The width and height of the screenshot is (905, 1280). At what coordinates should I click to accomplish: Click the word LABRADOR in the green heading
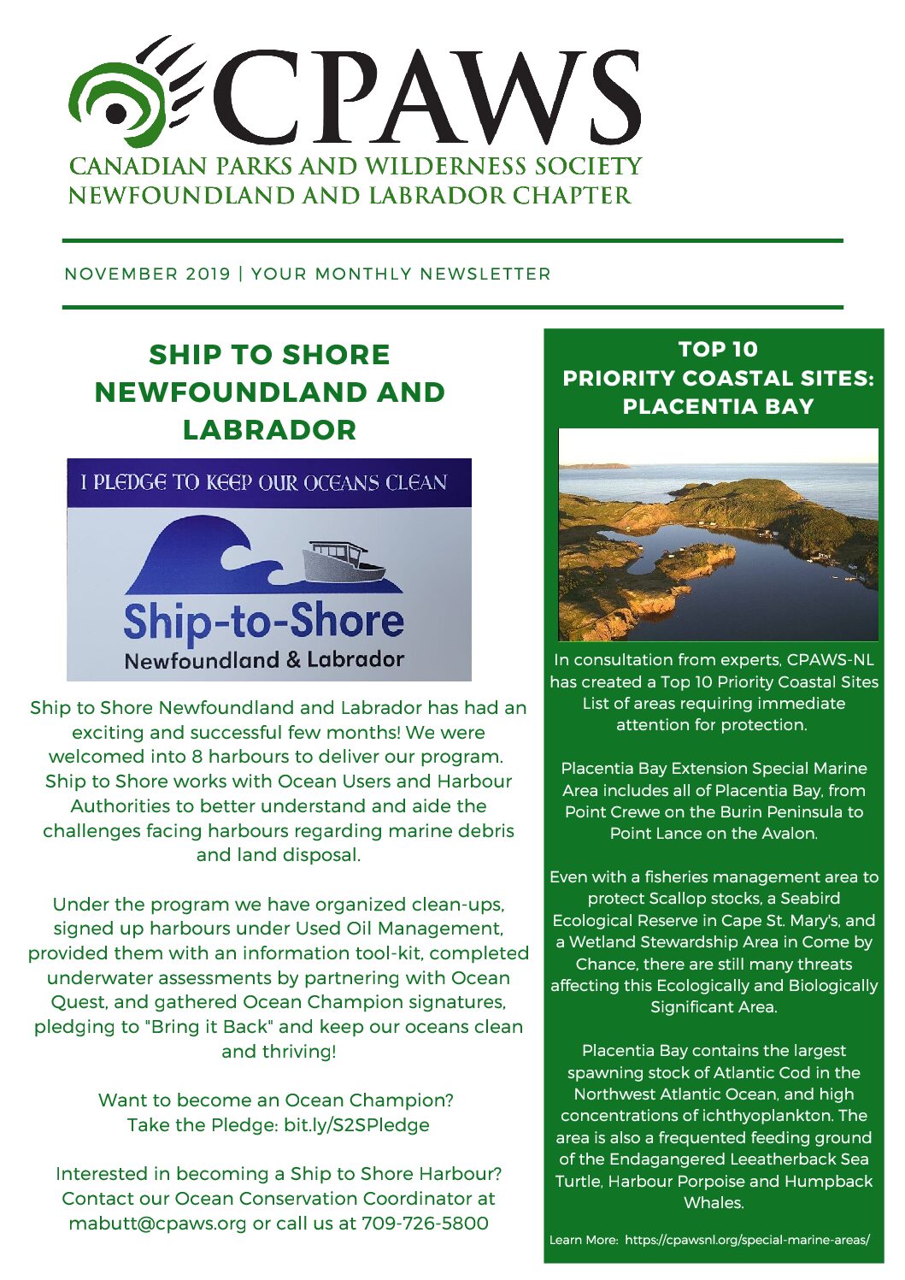point(269,429)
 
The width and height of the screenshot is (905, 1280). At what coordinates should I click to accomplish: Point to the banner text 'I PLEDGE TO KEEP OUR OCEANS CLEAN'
point(264,483)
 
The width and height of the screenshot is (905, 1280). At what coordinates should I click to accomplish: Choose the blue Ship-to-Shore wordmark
point(263,622)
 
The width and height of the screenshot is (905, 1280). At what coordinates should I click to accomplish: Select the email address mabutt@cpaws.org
point(157,1224)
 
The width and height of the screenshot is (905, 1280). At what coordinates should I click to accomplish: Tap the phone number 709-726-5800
point(425,1224)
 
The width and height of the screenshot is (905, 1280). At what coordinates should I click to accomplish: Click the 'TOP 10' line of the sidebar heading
point(718,350)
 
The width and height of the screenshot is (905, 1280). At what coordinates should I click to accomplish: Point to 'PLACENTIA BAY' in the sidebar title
point(718,407)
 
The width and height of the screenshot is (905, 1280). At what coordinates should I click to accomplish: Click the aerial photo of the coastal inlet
point(718,534)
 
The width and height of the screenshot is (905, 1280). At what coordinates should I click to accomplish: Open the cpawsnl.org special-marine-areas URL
point(747,1240)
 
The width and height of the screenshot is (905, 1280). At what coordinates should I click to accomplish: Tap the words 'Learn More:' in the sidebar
point(584,1240)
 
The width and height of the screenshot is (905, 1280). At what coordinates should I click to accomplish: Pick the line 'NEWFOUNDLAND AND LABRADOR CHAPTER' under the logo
point(350,196)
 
